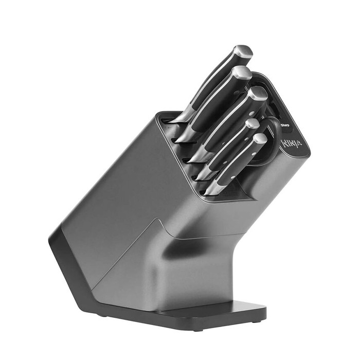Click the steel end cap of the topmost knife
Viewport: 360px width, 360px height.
point(244,52)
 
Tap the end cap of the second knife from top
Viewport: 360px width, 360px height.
point(242,74)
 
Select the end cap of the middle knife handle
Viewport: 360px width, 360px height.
point(258,94)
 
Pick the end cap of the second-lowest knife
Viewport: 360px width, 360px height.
point(253,124)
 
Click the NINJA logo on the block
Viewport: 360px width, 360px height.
point(292,144)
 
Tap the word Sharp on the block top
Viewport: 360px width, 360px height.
point(285,125)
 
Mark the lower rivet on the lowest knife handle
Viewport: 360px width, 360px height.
point(233,177)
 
